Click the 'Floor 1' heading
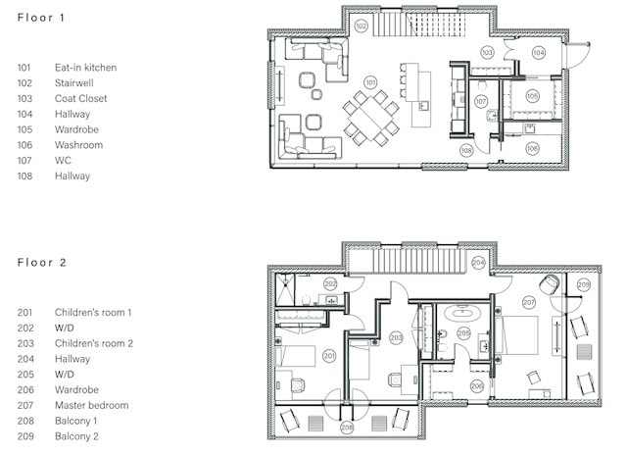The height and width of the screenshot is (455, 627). (x=41, y=18)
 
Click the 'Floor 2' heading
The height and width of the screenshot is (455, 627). (x=41, y=263)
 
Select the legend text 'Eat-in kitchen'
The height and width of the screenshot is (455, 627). (x=85, y=68)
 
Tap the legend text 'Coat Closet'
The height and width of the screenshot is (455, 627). (x=80, y=98)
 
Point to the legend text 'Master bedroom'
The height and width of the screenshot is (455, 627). (x=91, y=405)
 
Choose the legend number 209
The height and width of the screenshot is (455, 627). (x=25, y=436)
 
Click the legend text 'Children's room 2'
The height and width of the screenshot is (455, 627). (x=94, y=343)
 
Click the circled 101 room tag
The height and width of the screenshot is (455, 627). (x=370, y=82)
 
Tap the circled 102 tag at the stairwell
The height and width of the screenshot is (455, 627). (x=361, y=26)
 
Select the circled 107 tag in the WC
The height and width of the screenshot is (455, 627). (x=481, y=102)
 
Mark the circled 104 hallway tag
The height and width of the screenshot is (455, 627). (x=539, y=52)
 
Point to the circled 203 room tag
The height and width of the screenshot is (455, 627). (x=396, y=338)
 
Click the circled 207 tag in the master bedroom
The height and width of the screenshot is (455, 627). (x=529, y=302)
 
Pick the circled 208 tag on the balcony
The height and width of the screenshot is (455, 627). (x=347, y=428)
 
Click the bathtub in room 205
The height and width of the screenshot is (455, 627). (x=462, y=313)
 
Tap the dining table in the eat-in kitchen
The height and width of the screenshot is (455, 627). (x=371, y=118)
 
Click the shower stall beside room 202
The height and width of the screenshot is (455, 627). (x=285, y=289)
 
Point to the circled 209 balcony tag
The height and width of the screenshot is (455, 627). (x=584, y=284)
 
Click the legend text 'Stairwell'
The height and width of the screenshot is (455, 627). (x=74, y=82)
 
